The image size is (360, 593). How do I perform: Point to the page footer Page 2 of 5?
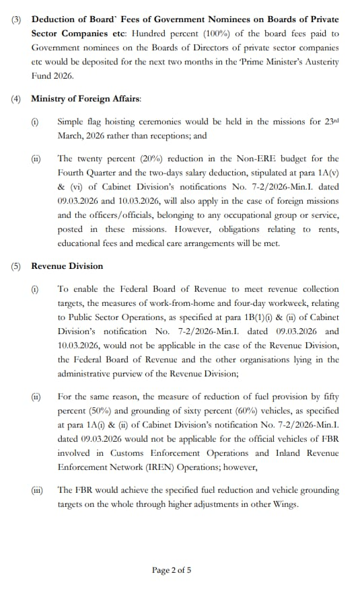(x=172, y=570)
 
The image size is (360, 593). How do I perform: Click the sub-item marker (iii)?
(x=36, y=490)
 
